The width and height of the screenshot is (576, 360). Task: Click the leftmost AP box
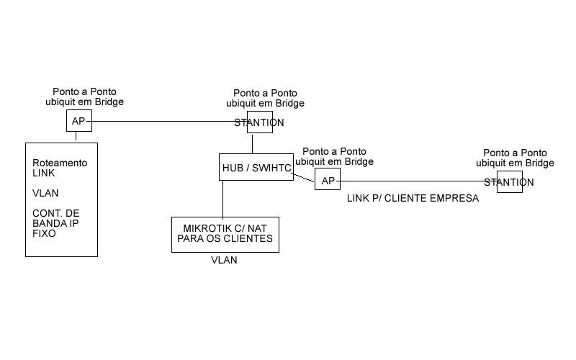[x=79, y=121]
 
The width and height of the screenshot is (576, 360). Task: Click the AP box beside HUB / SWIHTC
[x=328, y=180]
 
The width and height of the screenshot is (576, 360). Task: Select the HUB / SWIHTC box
[x=256, y=167]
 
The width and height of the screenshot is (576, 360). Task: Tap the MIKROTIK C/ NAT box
[x=225, y=234]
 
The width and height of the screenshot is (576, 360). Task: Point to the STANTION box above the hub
[x=260, y=122]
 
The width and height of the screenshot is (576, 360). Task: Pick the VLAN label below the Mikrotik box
[x=224, y=261]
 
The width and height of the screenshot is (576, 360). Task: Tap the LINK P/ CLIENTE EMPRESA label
[x=412, y=198]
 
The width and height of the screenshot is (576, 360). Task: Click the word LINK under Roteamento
[x=44, y=173]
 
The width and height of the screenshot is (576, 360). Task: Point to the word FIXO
[x=44, y=233]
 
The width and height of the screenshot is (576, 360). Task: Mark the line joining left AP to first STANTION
[x=169, y=121]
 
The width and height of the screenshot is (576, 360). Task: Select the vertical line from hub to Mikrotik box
[x=222, y=198]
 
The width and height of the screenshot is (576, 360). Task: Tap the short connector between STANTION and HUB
[x=253, y=143]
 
